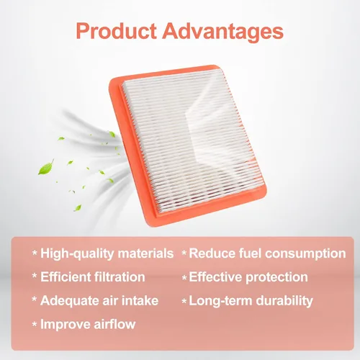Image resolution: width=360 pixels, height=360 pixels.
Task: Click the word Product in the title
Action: pos(117,31)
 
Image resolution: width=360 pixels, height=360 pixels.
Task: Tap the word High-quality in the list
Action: pos(77,254)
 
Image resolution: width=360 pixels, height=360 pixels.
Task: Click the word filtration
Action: pos(120,276)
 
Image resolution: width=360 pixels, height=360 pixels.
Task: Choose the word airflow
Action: pos(114,324)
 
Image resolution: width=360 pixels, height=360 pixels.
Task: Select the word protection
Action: pos(276,277)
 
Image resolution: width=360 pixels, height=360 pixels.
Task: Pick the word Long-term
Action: pos(220,301)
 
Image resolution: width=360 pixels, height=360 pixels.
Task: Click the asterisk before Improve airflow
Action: pos(35,324)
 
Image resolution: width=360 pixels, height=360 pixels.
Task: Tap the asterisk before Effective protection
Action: pos(184,278)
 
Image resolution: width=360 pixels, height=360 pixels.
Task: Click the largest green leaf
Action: pos(46,167)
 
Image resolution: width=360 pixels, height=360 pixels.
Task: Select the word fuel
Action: pos(250,253)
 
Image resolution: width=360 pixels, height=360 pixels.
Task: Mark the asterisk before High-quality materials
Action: pos(35,253)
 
